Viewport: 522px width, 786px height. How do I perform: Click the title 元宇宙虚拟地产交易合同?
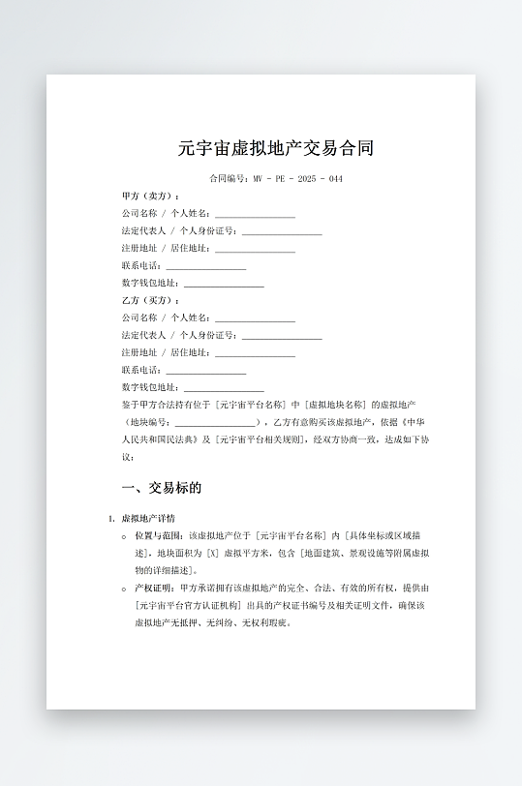pyautogui.click(x=276, y=149)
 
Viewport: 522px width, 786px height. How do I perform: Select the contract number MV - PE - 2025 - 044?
pyautogui.click(x=297, y=179)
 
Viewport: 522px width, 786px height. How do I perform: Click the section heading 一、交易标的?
pyautogui.click(x=161, y=488)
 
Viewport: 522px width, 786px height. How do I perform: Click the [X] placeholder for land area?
pyautogui.click(x=212, y=553)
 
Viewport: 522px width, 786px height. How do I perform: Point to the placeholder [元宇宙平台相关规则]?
pyautogui.click(x=263, y=440)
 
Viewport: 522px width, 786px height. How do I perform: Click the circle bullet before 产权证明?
pyautogui.click(x=124, y=588)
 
